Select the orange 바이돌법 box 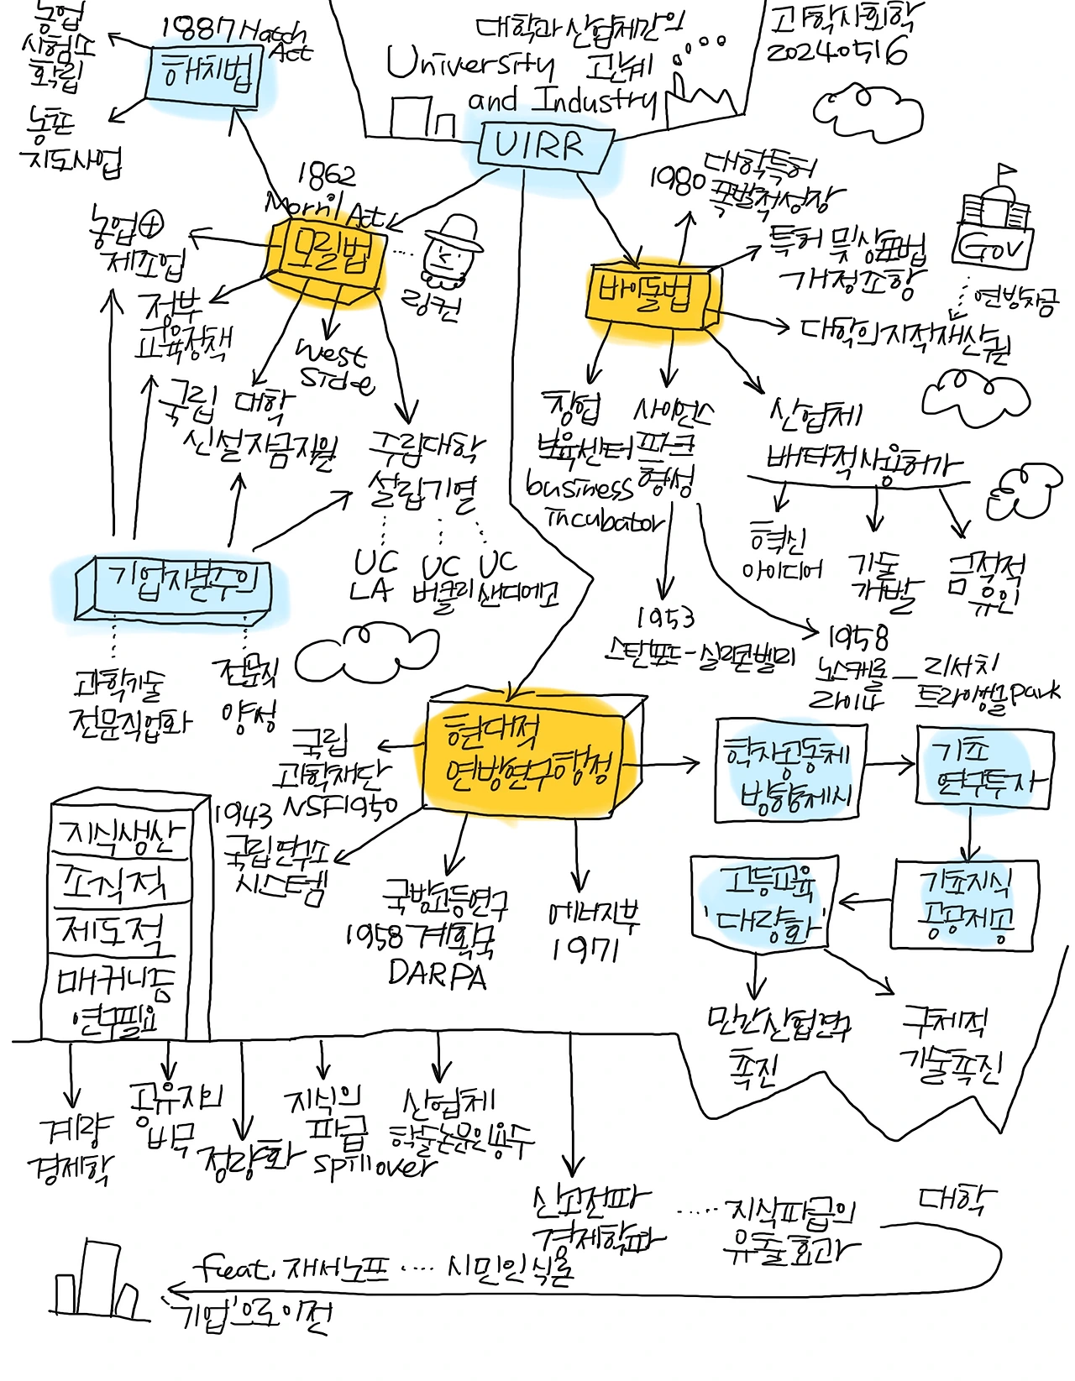(651, 295)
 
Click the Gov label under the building (993, 246)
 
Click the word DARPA (438, 974)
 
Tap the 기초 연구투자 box (983, 768)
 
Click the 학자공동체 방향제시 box (790, 771)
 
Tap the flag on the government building (1005, 173)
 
